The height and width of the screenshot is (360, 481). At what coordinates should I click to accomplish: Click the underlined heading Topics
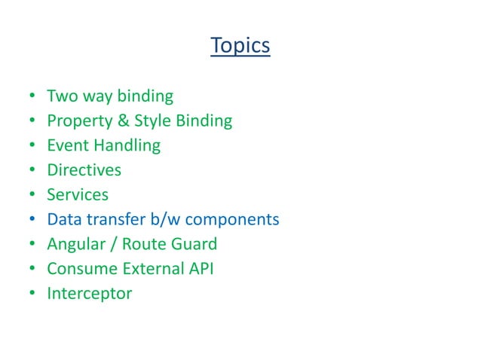[240, 45]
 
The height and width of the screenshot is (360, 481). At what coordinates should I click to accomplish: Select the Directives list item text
[84, 170]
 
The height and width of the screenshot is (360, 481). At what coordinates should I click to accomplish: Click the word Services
[78, 194]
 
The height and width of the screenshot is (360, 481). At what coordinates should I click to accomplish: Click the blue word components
[232, 220]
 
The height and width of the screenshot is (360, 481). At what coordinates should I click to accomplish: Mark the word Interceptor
[89, 294]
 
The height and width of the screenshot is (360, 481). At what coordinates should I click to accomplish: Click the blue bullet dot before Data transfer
[33, 220]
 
